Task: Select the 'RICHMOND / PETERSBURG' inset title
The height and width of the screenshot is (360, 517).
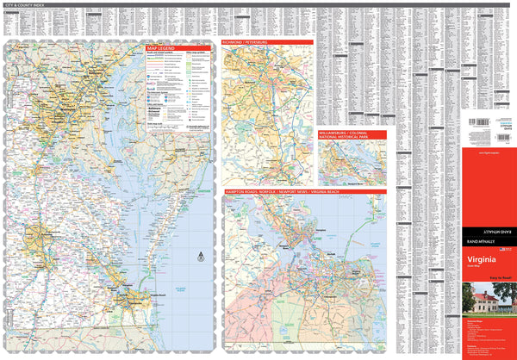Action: pyautogui.click(x=246, y=41)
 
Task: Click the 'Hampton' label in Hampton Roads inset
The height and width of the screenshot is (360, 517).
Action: pyautogui.click(x=319, y=232)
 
